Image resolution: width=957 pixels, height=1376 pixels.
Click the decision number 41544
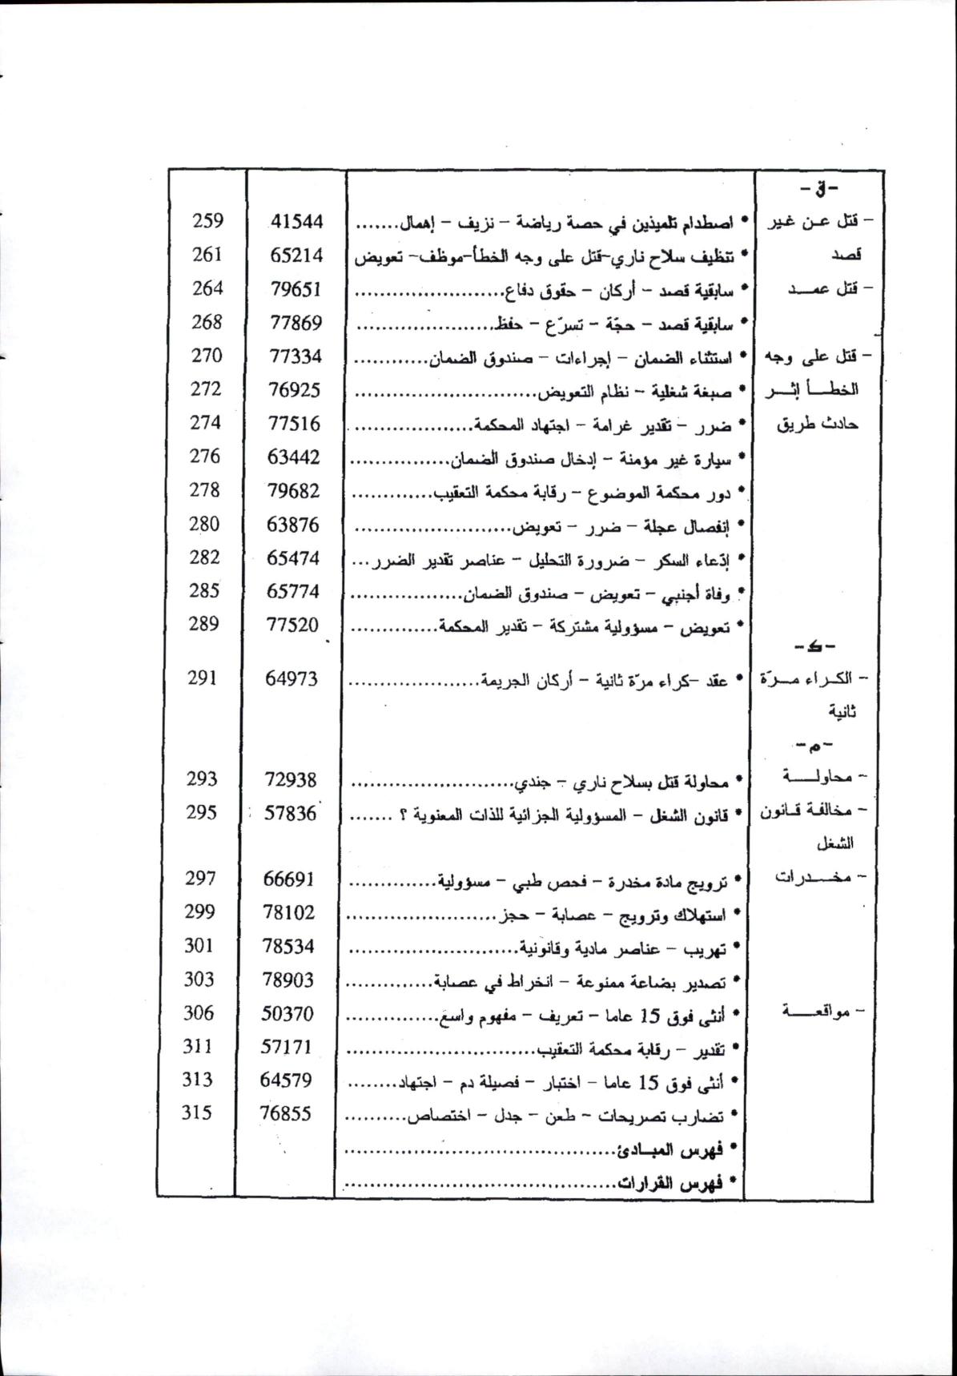point(296,222)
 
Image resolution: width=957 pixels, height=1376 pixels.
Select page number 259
point(208,221)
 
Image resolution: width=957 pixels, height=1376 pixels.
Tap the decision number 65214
point(296,255)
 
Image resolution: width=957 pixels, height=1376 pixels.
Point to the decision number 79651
point(296,289)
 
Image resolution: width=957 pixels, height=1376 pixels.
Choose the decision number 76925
point(295,390)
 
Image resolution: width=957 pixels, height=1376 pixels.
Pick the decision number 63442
point(294,457)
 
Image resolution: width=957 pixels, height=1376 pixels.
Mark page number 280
point(206,524)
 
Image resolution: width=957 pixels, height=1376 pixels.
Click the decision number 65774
point(293,591)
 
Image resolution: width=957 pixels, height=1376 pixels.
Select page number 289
point(204,624)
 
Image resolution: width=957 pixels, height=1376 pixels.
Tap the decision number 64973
point(292,678)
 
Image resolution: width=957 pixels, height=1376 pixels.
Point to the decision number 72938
point(290,779)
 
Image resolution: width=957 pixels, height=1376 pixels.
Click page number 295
point(202,812)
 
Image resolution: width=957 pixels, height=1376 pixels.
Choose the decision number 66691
point(289,879)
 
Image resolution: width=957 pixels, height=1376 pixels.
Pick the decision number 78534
point(288,947)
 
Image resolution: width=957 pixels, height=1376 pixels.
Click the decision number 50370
point(288,1014)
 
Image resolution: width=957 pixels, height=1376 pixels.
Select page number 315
point(197,1113)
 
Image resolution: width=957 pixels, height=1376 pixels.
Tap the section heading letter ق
point(818,191)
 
